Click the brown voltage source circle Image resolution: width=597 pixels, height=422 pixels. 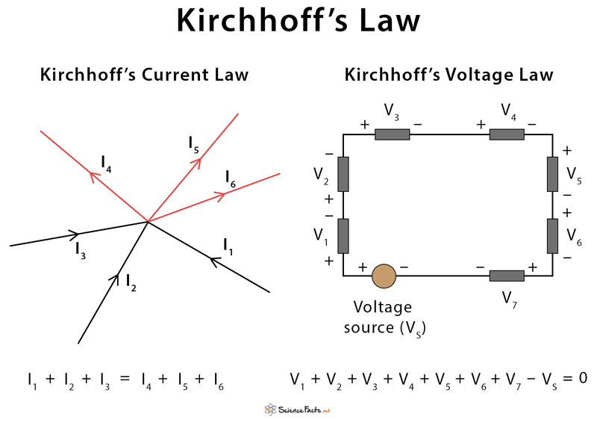(384, 276)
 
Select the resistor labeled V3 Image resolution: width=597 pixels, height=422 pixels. (393, 134)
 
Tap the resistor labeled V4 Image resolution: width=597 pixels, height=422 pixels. (507, 134)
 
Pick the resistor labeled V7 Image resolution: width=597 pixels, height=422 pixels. (507, 276)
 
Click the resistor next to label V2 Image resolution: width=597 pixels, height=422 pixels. (343, 174)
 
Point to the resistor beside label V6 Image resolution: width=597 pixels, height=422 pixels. (552, 236)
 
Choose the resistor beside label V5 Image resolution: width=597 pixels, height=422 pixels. (552, 174)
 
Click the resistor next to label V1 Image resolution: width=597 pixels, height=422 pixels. (343, 236)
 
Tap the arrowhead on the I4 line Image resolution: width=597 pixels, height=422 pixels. (94, 177)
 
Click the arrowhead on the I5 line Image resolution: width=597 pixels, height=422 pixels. (196, 162)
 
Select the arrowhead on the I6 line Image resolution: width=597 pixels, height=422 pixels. (221, 196)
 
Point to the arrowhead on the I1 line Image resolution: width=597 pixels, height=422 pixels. (215, 261)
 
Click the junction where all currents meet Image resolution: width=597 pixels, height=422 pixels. (148, 222)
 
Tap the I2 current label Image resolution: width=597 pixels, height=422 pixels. (131, 282)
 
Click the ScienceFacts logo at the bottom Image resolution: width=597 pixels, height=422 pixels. (298, 410)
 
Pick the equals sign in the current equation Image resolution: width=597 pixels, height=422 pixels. (125, 378)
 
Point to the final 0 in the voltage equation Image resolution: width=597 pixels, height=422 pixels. (583, 378)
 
